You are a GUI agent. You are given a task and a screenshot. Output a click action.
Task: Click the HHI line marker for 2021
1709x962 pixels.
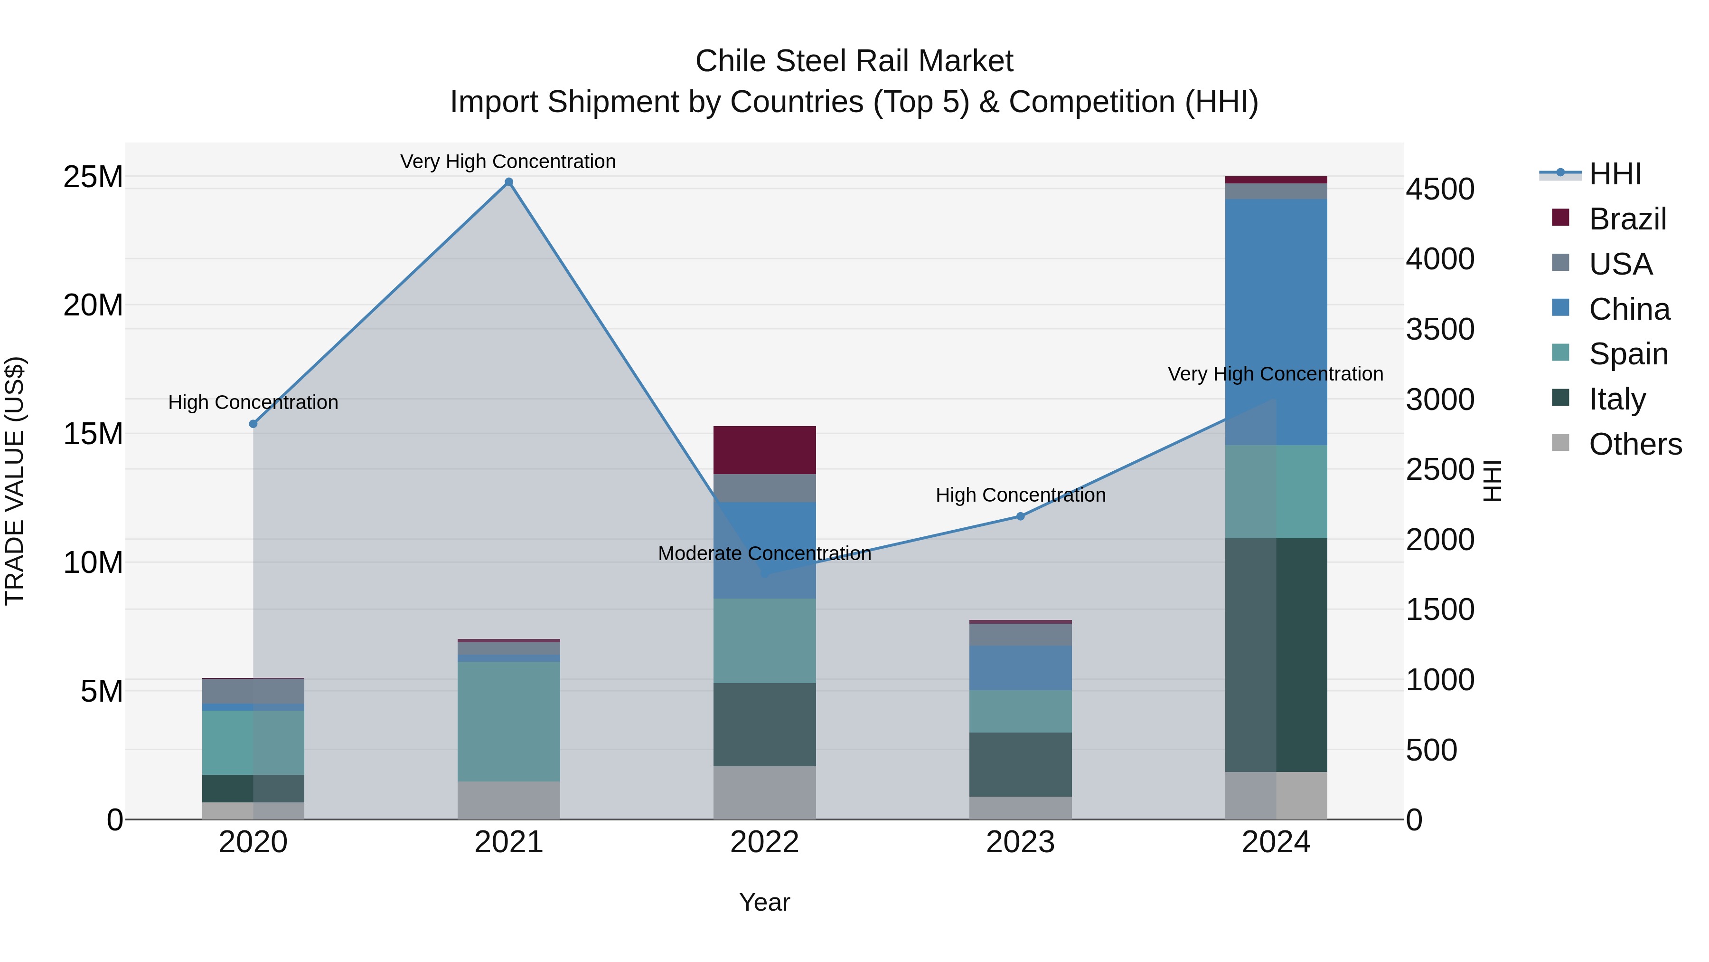[x=509, y=182]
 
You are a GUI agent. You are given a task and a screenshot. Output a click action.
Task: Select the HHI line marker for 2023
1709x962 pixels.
[x=1020, y=516]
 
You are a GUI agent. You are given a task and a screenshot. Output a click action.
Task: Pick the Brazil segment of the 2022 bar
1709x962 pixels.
[x=764, y=450]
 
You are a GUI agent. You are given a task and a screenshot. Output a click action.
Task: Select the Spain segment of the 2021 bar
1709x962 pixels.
[x=509, y=721]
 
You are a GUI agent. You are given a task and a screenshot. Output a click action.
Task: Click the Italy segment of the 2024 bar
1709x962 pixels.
[x=1275, y=655]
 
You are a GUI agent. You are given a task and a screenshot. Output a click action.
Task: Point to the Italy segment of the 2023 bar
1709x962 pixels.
[x=1020, y=764]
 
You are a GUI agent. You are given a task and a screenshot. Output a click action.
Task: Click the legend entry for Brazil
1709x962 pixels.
[x=1627, y=219]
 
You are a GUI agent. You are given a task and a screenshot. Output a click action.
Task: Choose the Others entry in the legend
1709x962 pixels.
[x=1634, y=444]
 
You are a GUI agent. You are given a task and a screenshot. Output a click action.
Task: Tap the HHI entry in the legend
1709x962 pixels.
[x=1615, y=174]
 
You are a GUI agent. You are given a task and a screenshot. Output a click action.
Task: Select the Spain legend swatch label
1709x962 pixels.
[x=1628, y=354]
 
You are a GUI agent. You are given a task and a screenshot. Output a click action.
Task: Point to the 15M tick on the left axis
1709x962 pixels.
[x=93, y=434]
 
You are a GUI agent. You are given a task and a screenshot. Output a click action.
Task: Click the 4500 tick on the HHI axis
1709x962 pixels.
[x=1440, y=189]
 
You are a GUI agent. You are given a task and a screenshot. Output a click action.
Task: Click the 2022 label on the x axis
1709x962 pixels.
[x=764, y=842]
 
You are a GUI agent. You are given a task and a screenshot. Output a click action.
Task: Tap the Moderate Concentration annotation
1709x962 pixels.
[x=764, y=554]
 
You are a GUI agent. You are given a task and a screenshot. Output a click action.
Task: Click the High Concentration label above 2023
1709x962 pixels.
[x=1020, y=495]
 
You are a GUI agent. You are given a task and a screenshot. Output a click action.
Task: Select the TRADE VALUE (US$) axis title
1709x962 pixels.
[x=15, y=481]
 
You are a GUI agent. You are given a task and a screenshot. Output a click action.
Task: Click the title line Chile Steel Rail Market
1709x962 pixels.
[x=854, y=61]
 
